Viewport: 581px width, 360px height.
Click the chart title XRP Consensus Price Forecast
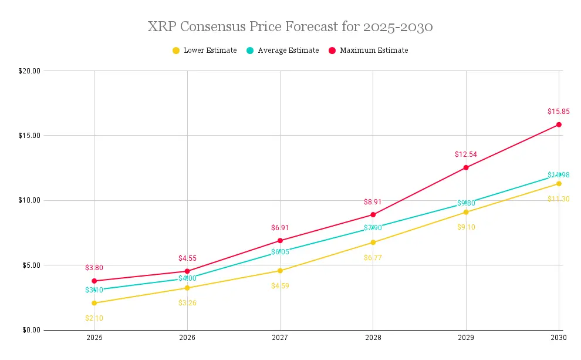[290, 27]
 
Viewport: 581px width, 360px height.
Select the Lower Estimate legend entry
[205, 51]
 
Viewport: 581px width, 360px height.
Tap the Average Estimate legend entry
[283, 51]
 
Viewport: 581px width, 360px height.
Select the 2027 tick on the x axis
[280, 338]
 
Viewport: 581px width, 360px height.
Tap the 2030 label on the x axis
[559, 338]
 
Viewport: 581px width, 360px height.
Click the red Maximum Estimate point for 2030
[559, 125]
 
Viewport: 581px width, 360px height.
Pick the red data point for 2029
[466, 167]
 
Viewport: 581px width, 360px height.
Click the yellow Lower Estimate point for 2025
[94, 303]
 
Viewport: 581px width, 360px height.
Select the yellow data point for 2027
[280, 271]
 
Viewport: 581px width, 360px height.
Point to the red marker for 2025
[94, 281]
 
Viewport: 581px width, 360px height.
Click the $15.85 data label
[559, 111]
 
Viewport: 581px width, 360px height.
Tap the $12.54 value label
[466, 154]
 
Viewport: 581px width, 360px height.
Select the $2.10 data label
[94, 318]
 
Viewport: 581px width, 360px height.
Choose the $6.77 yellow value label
[373, 257]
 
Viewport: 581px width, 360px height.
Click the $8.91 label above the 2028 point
[373, 201]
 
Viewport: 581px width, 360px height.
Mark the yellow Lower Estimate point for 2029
[466, 212]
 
